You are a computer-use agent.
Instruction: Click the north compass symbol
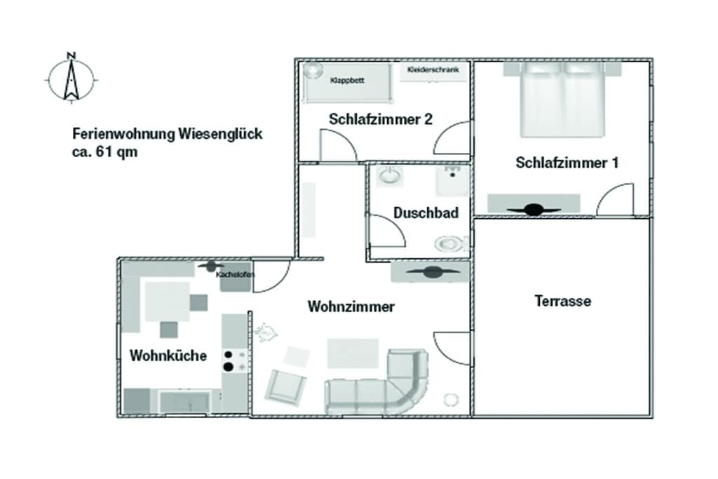click(x=71, y=79)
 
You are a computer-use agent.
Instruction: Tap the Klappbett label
click(x=347, y=81)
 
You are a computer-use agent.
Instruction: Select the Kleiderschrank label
click(x=433, y=69)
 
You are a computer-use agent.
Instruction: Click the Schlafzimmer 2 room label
click(x=381, y=119)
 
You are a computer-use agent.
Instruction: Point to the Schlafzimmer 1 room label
click(x=567, y=163)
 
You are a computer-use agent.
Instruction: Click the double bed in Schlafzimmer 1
click(x=562, y=100)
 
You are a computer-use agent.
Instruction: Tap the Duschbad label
click(x=426, y=213)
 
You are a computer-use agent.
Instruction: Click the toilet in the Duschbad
click(x=451, y=243)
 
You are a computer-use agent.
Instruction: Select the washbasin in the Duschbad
click(x=389, y=176)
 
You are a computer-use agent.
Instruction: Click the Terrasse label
click(x=563, y=301)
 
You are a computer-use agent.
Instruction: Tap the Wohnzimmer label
click(x=351, y=306)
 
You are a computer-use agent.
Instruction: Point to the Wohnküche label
click(x=168, y=356)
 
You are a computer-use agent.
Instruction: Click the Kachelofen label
click(x=235, y=275)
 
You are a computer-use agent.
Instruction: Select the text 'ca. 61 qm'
click(x=105, y=152)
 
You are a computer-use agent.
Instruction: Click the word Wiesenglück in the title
click(x=220, y=134)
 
